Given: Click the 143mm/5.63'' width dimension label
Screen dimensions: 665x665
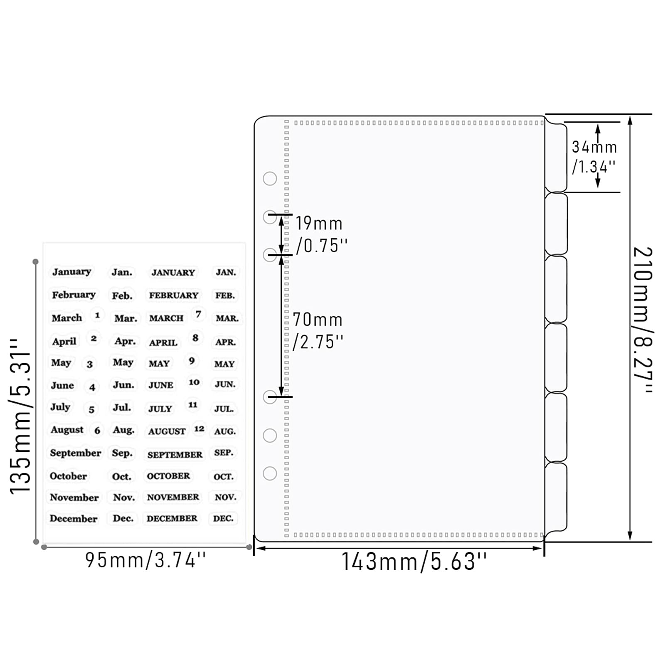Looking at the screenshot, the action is tap(414, 562).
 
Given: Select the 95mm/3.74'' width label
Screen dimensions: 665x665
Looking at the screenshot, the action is tap(145, 560).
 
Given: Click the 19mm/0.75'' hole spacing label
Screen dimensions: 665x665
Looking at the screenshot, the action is tap(321, 235).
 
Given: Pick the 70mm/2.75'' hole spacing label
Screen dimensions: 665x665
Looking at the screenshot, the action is tap(318, 331).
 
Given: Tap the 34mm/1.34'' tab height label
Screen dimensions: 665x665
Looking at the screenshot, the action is tap(594, 157).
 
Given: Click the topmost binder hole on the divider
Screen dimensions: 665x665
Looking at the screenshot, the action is tap(270, 179).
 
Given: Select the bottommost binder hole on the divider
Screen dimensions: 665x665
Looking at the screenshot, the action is tap(270, 473).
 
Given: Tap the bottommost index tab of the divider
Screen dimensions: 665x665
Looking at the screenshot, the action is tap(556, 497).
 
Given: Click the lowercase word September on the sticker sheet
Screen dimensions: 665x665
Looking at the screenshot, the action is tap(75, 453).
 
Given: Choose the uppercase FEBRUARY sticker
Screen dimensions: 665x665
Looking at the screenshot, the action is tap(173, 295).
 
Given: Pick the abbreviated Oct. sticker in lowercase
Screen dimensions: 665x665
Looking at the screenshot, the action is tap(122, 476).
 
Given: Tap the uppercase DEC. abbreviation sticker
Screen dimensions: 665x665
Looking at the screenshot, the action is tap(223, 518).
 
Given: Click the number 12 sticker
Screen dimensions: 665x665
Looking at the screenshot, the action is tap(199, 429).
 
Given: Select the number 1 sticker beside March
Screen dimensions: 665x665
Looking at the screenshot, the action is tap(97, 315).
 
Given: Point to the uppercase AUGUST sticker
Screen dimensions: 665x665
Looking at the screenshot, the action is tap(167, 431).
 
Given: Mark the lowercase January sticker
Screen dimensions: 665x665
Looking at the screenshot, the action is tap(71, 272).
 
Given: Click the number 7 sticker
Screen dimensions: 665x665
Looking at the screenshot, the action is tap(198, 314).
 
